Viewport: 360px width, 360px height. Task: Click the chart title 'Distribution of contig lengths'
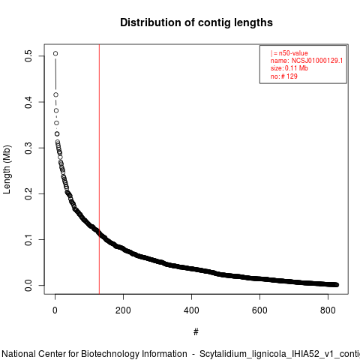pos(196,22)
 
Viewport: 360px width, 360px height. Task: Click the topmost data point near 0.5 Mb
pos(55,53)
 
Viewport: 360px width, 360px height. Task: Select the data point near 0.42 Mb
pos(56,94)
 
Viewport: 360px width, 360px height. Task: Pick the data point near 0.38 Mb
pos(56,110)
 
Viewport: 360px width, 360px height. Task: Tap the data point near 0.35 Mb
pos(56,123)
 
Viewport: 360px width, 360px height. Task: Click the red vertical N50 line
pos(99,169)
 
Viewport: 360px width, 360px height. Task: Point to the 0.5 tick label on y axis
pos(28,55)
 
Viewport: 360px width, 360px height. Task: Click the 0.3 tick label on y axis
pos(28,148)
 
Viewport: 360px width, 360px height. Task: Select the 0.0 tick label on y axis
pos(28,285)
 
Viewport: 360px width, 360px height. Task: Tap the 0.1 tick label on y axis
pos(28,239)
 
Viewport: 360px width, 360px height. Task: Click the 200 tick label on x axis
pos(123,310)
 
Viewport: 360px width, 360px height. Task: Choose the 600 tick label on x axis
pos(259,310)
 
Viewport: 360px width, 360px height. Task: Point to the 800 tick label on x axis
pos(328,310)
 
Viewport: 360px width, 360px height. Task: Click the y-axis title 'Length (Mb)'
pos(7,169)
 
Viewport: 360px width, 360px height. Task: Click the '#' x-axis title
pos(196,332)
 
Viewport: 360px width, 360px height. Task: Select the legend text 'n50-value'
pos(293,53)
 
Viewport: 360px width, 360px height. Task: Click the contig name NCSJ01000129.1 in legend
pos(317,61)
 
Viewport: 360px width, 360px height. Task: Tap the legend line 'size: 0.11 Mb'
pos(289,68)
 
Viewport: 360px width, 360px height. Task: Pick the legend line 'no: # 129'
pos(284,76)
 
